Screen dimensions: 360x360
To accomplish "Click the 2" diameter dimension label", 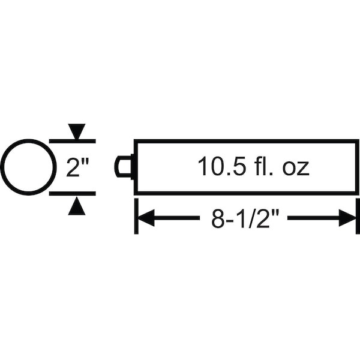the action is pyautogui.click(x=77, y=167).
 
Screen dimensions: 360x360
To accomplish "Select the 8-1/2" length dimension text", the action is pyautogui.click(x=245, y=218).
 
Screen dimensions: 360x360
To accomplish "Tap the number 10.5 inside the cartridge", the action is pyautogui.click(x=222, y=166).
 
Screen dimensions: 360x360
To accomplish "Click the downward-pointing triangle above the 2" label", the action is pyautogui.click(x=77, y=131).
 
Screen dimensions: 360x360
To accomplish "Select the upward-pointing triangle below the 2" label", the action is pyautogui.click(x=77, y=206).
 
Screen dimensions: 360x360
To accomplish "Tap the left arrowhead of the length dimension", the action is pyautogui.click(x=146, y=218).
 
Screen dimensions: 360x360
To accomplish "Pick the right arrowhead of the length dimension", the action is pyautogui.click(x=347, y=218).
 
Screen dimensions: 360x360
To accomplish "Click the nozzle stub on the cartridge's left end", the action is pyautogui.click(x=124, y=166).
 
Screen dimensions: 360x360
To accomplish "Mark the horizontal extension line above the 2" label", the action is pyautogui.click(x=73, y=141).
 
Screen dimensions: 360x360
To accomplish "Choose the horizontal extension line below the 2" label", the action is pyautogui.click(x=73, y=194).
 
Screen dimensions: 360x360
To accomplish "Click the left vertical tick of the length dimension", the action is pyautogui.click(x=136, y=216).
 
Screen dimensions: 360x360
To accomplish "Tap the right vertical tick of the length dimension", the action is pyautogui.click(x=358, y=216).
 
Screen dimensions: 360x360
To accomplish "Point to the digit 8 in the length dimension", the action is pyautogui.click(x=217, y=218).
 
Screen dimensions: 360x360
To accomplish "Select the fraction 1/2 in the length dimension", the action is pyautogui.click(x=253, y=218).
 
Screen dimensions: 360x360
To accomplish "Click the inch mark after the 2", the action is pyautogui.click(x=85, y=161).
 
